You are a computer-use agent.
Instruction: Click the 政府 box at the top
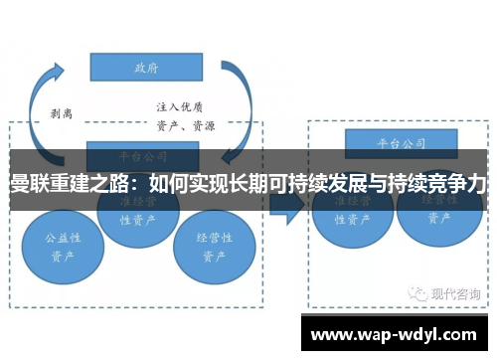click(x=147, y=67)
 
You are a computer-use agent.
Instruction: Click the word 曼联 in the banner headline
click(x=27, y=185)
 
